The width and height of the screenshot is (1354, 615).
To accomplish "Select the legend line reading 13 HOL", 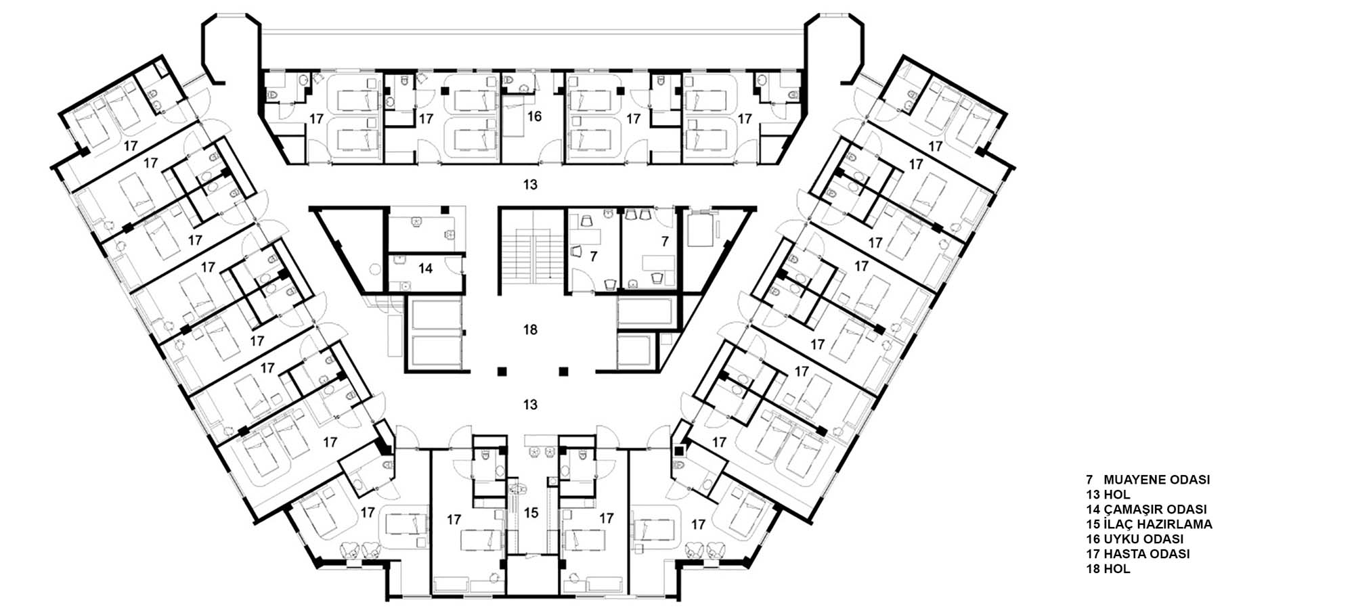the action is pyautogui.click(x=1108, y=495).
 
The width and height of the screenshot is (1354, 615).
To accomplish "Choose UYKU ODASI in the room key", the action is pyautogui.click(x=1143, y=539).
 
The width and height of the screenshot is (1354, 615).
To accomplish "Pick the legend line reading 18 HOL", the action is pyautogui.click(x=1108, y=569).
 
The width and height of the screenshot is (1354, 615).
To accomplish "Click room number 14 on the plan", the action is pyautogui.click(x=425, y=269).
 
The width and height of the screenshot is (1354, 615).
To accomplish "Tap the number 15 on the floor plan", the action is pyautogui.click(x=531, y=513).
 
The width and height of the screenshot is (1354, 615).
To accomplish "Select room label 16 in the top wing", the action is pyautogui.click(x=534, y=116).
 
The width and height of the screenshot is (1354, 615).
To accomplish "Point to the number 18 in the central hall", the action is pyautogui.click(x=530, y=329).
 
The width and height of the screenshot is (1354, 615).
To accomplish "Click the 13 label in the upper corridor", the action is pyautogui.click(x=530, y=184).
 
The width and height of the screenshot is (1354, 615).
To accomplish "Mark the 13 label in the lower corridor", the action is pyautogui.click(x=530, y=405).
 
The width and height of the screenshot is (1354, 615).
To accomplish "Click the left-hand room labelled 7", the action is pyautogui.click(x=594, y=256).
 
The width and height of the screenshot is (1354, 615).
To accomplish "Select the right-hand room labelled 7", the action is pyautogui.click(x=665, y=241).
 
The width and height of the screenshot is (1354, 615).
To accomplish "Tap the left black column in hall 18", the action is pyautogui.click(x=501, y=371).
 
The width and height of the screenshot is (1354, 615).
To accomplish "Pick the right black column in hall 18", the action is pyautogui.click(x=563, y=371).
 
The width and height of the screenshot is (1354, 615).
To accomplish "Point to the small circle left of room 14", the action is pyautogui.click(x=375, y=269).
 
